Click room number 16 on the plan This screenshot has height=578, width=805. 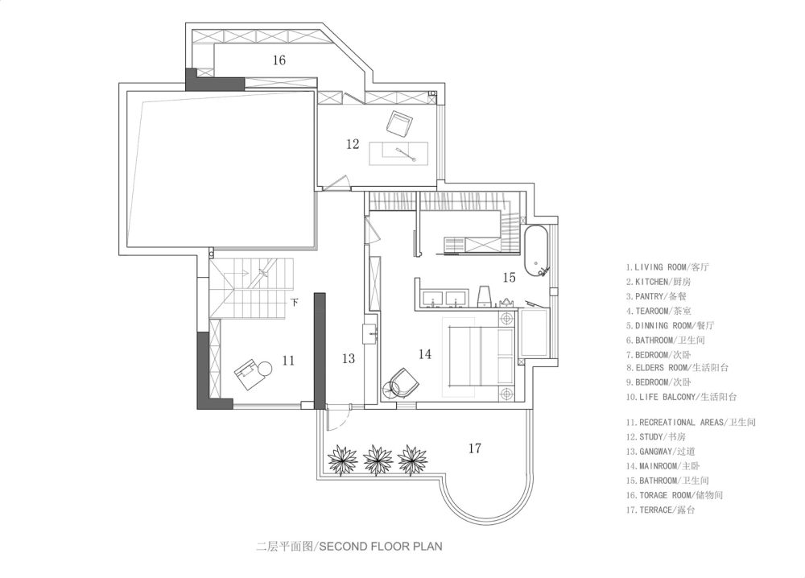click(x=279, y=60)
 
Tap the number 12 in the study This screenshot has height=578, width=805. click(x=353, y=144)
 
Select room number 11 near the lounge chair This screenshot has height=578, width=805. click(x=288, y=361)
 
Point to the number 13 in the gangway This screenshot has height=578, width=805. click(x=349, y=358)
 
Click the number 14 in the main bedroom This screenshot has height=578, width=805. click(x=424, y=354)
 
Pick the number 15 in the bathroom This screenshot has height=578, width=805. click(x=509, y=278)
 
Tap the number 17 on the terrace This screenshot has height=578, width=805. click(x=475, y=448)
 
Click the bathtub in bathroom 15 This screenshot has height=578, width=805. click(x=536, y=251)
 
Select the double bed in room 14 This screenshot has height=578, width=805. click(x=481, y=357)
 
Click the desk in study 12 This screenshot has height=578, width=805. click(x=399, y=153)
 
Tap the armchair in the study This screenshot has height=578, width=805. click(x=399, y=123)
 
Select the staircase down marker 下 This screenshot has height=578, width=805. click(x=294, y=302)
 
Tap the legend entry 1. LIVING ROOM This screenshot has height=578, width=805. click(x=667, y=267)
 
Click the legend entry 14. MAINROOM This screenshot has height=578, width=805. click(x=663, y=466)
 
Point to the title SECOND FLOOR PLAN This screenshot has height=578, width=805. click(x=381, y=546)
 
